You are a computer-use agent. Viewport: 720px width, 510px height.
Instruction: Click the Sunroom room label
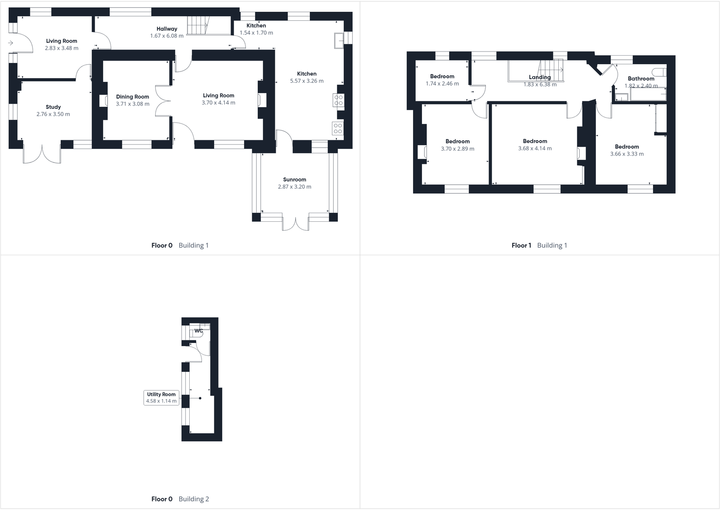(294, 180)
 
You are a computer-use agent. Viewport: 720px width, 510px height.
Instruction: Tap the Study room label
(53, 107)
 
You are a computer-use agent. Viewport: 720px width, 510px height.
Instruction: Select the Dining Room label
(132, 97)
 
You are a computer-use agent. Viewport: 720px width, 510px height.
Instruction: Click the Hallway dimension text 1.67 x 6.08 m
(167, 36)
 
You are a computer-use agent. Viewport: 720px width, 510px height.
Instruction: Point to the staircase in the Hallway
(198, 25)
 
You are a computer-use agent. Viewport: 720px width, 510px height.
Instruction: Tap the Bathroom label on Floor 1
(641, 79)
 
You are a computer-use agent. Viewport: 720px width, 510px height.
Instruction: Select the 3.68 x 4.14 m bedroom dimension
(535, 148)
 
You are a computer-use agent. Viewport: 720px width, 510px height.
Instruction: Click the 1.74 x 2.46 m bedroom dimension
(442, 84)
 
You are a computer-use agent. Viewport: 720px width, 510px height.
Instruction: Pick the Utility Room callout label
(161, 398)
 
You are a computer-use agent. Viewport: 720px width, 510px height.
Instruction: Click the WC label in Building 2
(198, 331)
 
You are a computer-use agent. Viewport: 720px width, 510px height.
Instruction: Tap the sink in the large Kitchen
(339, 40)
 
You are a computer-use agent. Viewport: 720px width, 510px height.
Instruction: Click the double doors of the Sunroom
(296, 224)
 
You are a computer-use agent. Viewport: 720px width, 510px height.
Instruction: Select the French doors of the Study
(42, 154)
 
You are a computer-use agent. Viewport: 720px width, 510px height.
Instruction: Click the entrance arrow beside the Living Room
(10, 43)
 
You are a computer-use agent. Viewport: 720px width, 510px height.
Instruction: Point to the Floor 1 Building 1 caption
(539, 245)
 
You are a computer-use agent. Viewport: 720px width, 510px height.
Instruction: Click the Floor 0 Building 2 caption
(180, 499)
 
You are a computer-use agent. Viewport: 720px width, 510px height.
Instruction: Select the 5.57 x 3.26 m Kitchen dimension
(307, 81)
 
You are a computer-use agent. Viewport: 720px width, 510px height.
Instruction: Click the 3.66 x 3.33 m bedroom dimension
(627, 154)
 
